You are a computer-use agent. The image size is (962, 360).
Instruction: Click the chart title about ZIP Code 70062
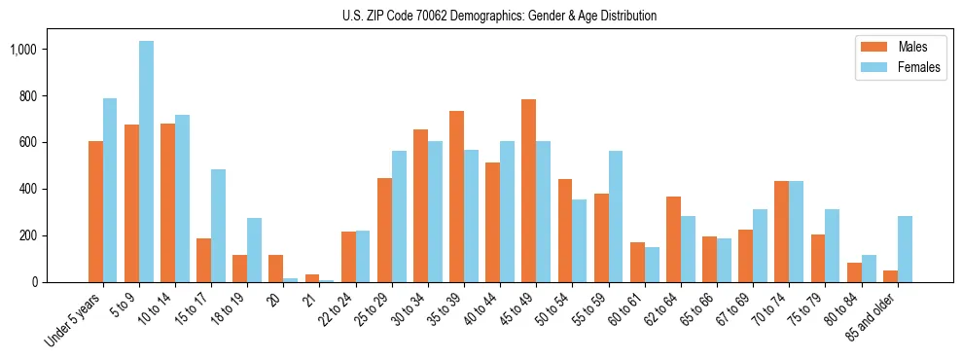tap(499, 16)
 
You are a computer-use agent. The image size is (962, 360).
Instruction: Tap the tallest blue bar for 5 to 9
tap(146, 162)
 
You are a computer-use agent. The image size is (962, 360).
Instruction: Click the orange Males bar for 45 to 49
tap(528, 191)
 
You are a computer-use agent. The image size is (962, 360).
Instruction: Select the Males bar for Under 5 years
tap(95, 211)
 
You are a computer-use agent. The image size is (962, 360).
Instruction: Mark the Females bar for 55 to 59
tap(616, 216)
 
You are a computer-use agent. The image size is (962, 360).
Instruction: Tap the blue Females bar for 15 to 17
tap(218, 226)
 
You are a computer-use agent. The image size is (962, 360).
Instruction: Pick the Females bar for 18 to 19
tap(254, 250)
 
